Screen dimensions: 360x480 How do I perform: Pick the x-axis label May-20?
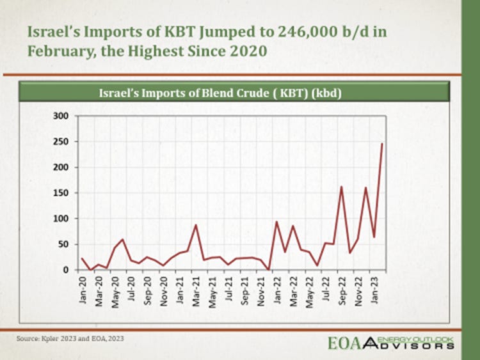point(115,294)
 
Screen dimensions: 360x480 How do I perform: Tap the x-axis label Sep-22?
point(342,294)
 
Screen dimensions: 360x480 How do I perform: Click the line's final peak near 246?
point(382,144)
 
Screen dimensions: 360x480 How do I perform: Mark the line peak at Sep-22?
point(342,187)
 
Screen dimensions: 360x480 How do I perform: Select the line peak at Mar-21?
point(196,225)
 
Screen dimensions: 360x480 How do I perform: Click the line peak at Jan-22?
point(276,222)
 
